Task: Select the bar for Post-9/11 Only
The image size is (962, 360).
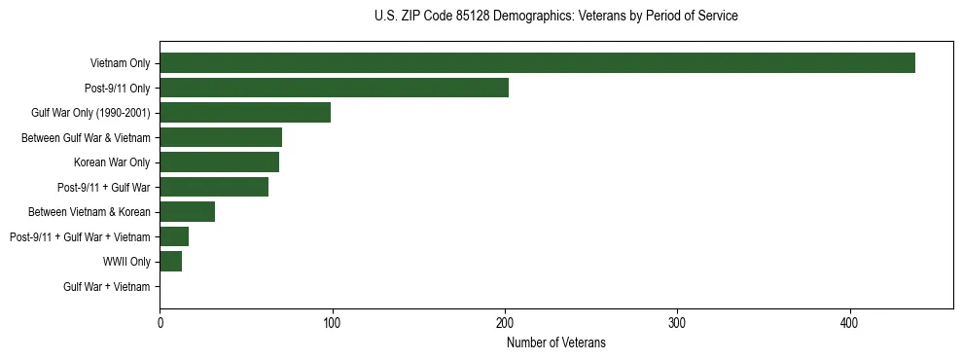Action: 334,88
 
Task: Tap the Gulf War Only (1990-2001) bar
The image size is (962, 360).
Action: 245,113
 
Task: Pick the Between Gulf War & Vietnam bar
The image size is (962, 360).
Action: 221,137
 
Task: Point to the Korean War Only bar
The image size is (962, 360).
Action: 219,162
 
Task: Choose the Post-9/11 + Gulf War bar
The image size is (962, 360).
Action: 214,187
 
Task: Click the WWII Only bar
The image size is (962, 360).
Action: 170,262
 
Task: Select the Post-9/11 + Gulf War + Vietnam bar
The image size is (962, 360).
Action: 174,236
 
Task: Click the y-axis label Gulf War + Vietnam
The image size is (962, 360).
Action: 107,287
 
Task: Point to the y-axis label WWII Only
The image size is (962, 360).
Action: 126,262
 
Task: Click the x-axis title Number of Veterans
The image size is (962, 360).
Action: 556,342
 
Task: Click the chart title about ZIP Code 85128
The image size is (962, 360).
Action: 556,17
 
